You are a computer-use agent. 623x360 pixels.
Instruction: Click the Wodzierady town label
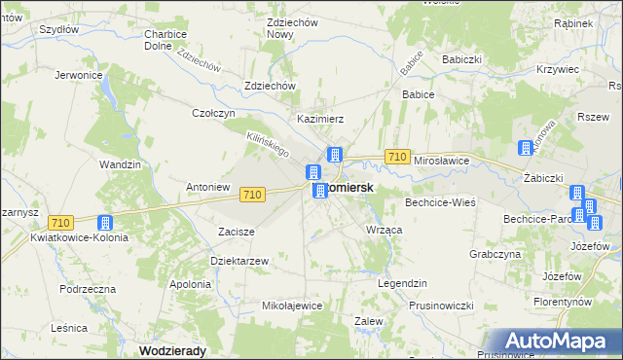point(175,350)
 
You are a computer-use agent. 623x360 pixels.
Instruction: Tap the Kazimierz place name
point(321,119)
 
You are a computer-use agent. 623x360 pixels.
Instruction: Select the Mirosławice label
point(442,159)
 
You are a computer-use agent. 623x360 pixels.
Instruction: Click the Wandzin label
point(121,165)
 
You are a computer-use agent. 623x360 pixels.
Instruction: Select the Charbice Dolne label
point(165,40)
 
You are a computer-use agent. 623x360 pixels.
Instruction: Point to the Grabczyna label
point(495,254)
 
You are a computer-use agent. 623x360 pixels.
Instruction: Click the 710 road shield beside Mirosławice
point(396,157)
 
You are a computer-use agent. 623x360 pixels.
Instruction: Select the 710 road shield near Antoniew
point(251,195)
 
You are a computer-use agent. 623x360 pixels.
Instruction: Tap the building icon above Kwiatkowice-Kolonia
point(104,223)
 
